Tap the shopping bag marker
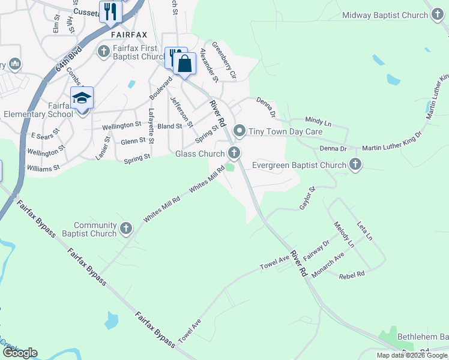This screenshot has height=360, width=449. (x=184, y=63)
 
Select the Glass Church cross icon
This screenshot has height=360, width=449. (x=234, y=154)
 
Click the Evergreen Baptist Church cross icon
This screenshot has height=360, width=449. (x=355, y=164)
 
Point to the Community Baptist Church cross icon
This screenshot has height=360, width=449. (x=126, y=228)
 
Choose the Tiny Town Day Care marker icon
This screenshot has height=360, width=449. (x=240, y=131)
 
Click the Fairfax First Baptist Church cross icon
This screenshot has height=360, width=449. (x=103, y=52)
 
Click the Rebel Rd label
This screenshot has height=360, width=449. (x=352, y=275)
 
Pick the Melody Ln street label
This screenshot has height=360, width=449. (x=345, y=234)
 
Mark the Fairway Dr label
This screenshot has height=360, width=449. (x=316, y=250)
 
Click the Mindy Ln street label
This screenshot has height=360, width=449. (x=318, y=122)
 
